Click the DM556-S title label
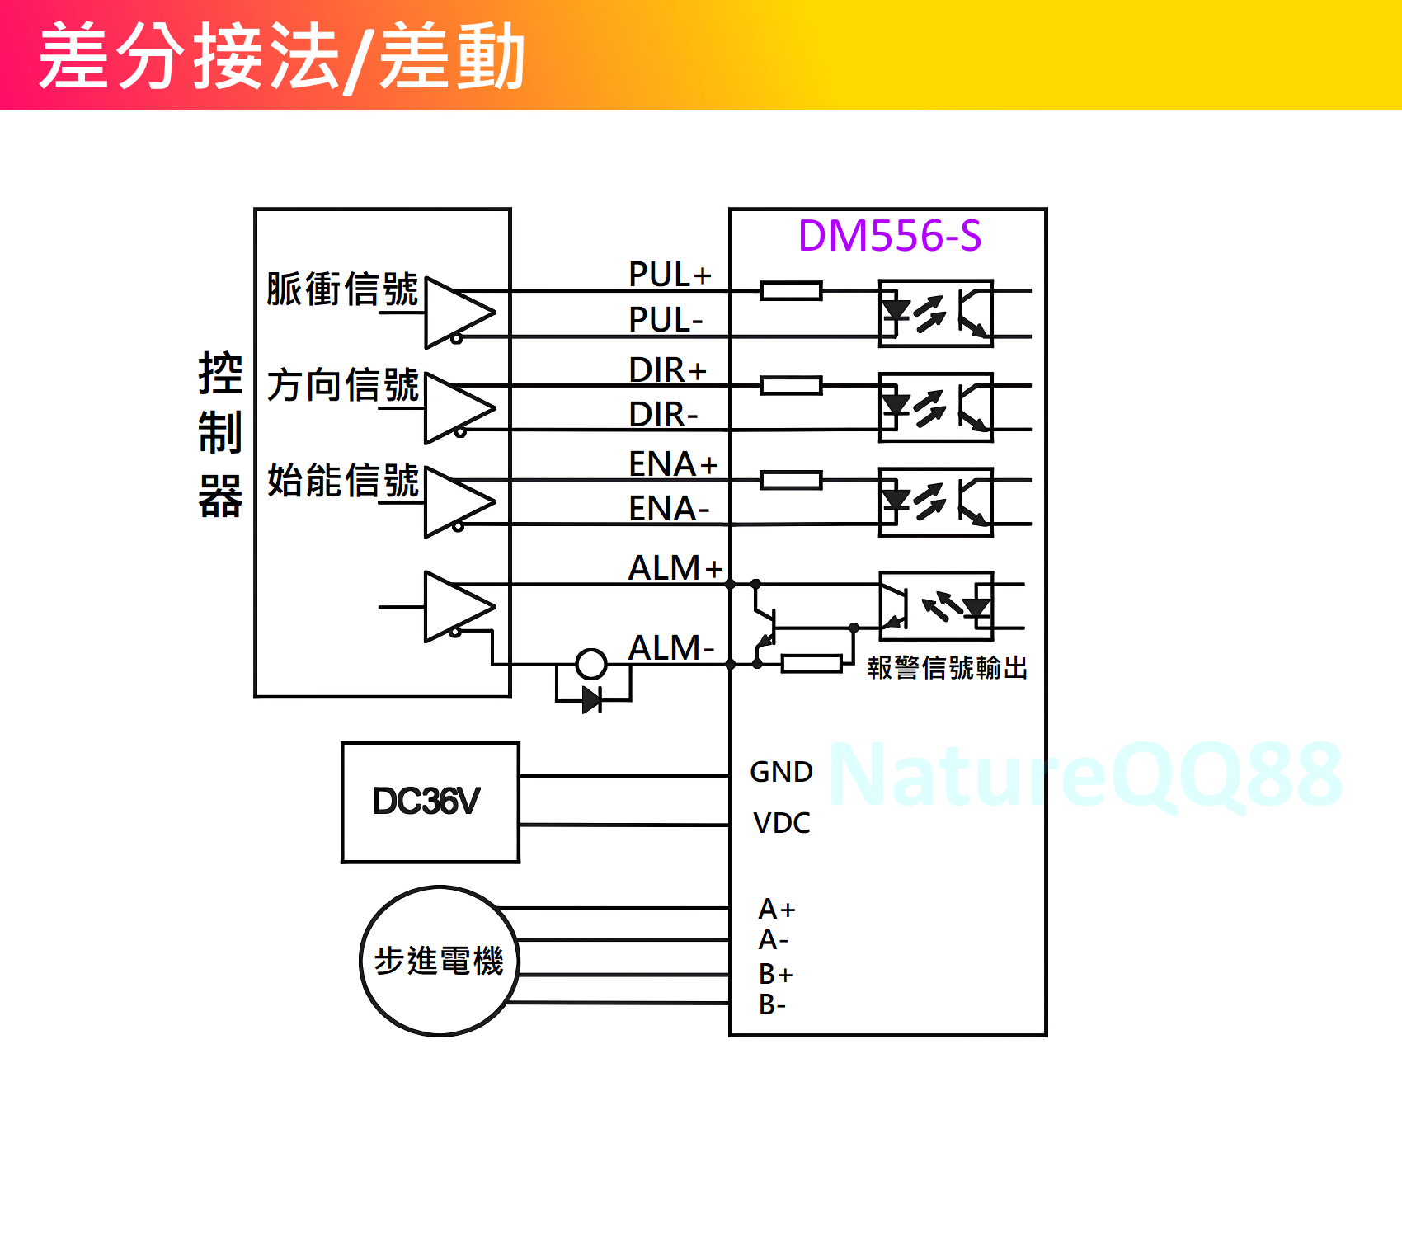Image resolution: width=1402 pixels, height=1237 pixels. point(890,236)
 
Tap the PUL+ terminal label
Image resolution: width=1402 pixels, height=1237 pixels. point(670,275)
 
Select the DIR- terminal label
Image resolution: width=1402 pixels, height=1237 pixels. point(663,415)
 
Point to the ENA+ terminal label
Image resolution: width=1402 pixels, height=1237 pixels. point(673,464)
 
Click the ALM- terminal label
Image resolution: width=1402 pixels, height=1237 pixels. point(670,648)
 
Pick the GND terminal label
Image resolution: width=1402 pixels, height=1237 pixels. point(781,772)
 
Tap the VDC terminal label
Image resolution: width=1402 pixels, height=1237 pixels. point(781,823)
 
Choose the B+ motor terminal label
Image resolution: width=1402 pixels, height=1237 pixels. point(775,975)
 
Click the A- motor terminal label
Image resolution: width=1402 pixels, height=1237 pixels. point(774,940)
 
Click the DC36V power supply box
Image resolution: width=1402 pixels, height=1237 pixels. point(430,802)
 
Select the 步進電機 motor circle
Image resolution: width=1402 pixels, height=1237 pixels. point(440,961)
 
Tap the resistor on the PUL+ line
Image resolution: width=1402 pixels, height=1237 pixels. point(791,290)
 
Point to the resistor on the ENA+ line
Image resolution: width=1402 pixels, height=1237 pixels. point(791,480)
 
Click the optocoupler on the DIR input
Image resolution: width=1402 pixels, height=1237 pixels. point(936,407)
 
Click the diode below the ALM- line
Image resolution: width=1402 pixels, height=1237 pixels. point(591,700)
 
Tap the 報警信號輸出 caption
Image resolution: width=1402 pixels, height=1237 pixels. point(948,668)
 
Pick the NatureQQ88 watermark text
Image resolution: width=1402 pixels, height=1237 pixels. point(1085,775)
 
